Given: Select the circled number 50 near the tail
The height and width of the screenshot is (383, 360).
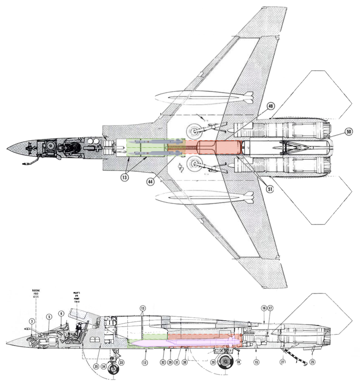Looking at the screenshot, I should pos(348,131).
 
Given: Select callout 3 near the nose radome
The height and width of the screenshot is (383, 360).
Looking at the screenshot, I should pos(32,321).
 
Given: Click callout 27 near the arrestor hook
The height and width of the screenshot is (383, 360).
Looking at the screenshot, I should pos(283,362).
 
